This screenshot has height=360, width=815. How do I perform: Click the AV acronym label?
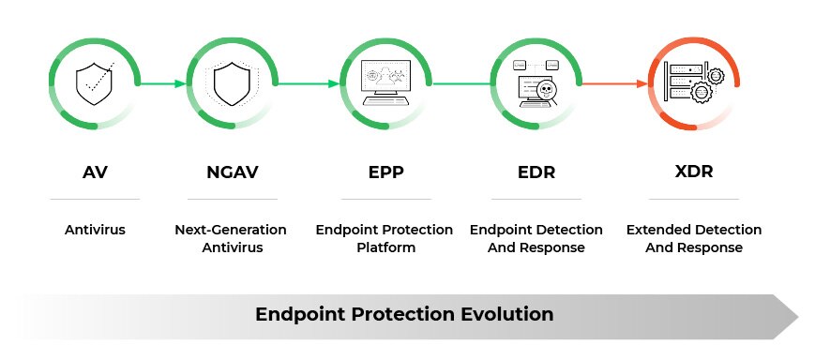click(x=94, y=172)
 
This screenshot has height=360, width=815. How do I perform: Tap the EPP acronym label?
click(x=385, y=172)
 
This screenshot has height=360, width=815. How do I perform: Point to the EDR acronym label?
click(x=536, y=172)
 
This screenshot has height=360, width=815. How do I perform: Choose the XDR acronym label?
click(x=693, y=172)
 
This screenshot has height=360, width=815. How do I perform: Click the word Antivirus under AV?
click(x=94, y=230)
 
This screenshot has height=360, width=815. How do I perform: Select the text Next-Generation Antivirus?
click(x=230, y=239)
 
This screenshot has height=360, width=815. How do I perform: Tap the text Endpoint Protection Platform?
click(x=385, y=239)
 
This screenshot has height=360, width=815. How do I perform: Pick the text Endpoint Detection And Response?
click(x=536, y=239)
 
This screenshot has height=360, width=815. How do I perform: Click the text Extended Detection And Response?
click(x=693, y=239)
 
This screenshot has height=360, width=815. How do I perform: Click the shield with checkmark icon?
click(x=94, y=84)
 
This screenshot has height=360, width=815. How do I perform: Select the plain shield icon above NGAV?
click(x=231, y=84)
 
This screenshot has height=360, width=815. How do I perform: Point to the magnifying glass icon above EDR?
click(x=543, y=90)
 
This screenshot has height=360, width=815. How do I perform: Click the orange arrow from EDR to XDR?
click(x=614, y=83)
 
